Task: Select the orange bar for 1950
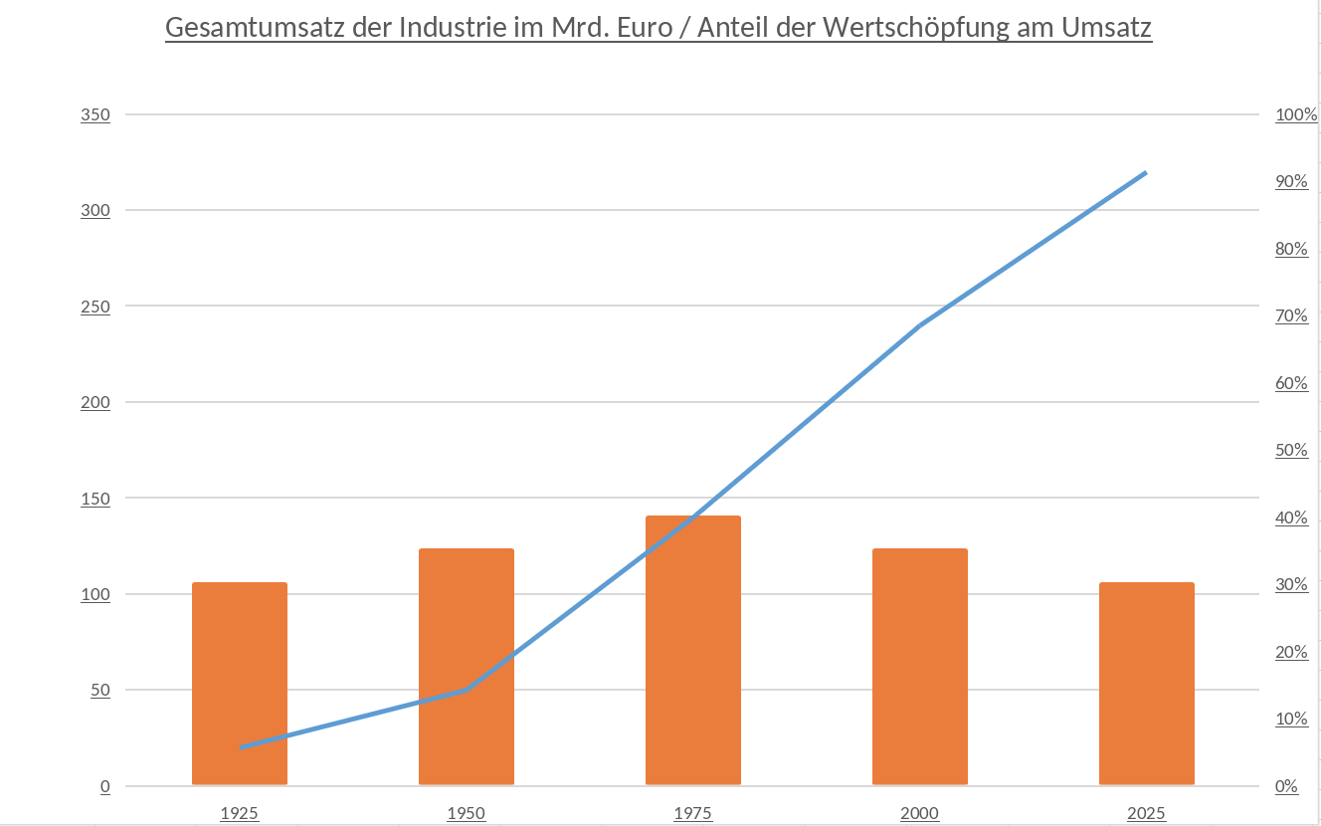click(x=467, y=667)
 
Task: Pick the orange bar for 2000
click(x=920, y=667)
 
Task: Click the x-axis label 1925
click(x=240, y=813)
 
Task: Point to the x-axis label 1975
click(x=693, y=813)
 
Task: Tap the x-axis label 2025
click(x=1147, y=813)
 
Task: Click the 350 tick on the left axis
click(x=95, y=114)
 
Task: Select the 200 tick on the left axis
click(x=95, y=402)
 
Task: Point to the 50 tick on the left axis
click(x=99, y=690)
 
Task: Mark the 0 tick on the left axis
click(x=104, y=786)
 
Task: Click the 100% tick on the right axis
click(x=1295, y=114)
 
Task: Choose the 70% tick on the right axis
click(x=1291, y=315)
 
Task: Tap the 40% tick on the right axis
click(x=1291, y=517)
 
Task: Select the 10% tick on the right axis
click(x=1291, y=719)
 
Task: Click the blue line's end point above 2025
click(x=1146, y=173)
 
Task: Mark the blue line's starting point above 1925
click(x=241, y=747)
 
